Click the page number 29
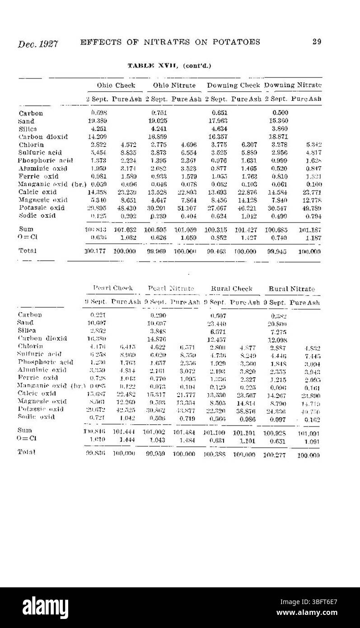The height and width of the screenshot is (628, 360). click(x=316, y=42)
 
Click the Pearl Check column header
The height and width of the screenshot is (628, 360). click(x=113, y=288)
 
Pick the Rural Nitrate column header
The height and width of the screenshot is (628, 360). click(x=292, y=289)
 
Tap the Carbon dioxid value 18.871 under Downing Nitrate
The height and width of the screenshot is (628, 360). click(x=279, y=136)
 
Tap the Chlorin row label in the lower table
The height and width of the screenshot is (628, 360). click(x=30, y=346)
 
